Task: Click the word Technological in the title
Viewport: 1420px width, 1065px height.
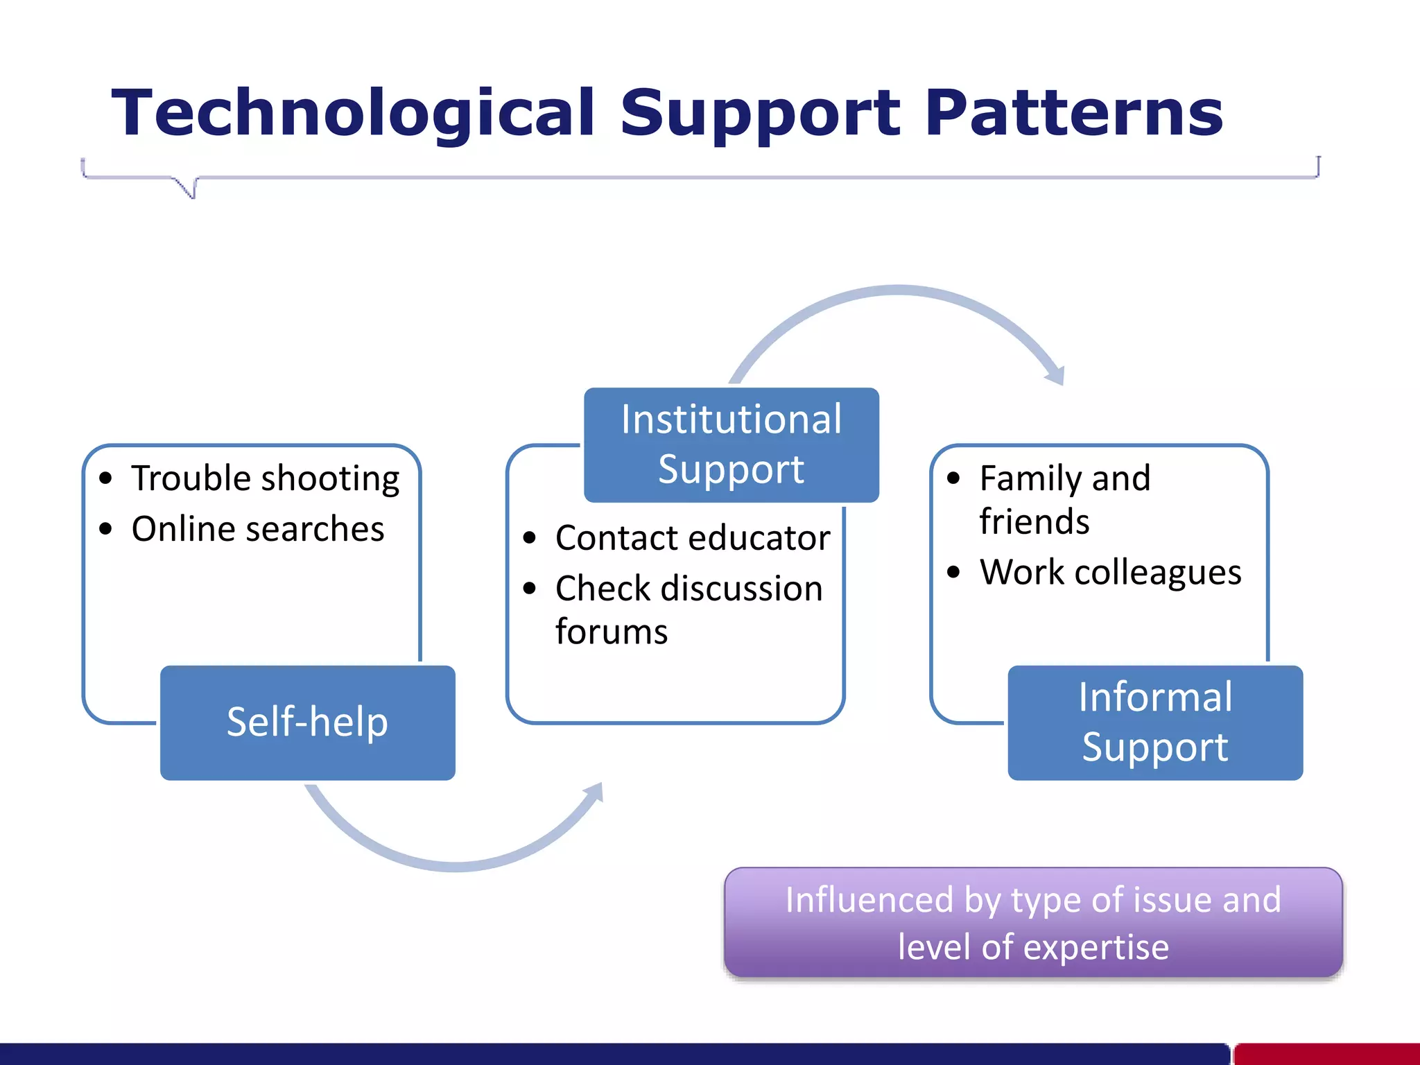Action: click(352, 113)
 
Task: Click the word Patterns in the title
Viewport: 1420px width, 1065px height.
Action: click(1074, 113)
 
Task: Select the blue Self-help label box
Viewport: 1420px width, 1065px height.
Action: click(307, 722)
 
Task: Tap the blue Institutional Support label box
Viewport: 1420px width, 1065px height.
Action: click(731, 444)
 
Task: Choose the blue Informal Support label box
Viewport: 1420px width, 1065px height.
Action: click(1154, 722)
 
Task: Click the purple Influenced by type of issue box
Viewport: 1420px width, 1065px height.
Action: click(1033, 922)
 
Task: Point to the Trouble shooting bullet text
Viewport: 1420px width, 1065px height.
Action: click(265, 478)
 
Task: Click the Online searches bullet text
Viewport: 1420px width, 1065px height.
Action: click(257, 529)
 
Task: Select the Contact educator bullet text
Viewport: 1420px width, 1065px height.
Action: click(692, 538)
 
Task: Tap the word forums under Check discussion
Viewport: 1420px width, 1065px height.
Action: click(611, 632)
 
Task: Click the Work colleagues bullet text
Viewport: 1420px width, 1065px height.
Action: click(1110, 573)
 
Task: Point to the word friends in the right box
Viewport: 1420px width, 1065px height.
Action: click(1034, 521)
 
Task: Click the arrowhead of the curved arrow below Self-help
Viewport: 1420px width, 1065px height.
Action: click(594, 793)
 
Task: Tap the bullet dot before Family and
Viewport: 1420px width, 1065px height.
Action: click(953, 478)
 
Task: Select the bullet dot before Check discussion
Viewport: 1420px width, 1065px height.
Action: click(530, 589)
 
